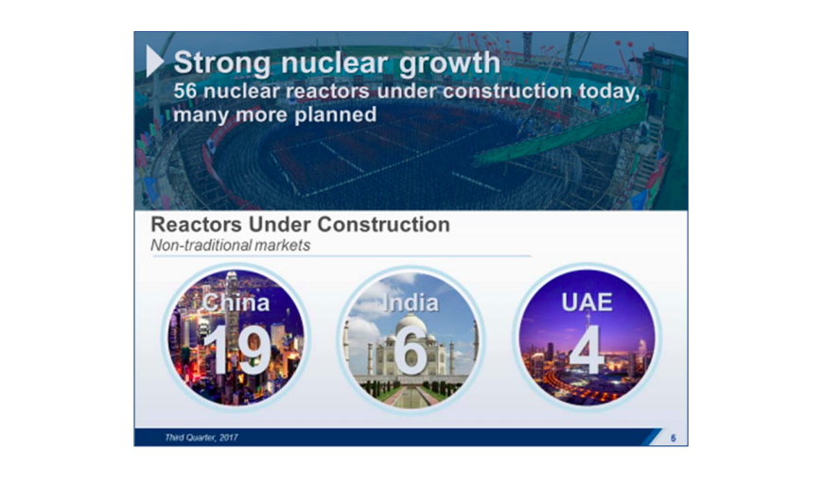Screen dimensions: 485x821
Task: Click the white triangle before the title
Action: (x=154, y=62)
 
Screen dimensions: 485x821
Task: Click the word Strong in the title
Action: (x=215, y=63)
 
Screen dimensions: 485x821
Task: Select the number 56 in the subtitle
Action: (x=188, y=93)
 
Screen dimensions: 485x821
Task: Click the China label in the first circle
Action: (x=236, y=303)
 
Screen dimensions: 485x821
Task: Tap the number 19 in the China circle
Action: (x=236, y=350)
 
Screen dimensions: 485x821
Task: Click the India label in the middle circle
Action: (x=410, y=303)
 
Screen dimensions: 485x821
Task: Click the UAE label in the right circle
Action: (x=586, y=303)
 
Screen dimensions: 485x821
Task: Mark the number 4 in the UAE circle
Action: (x=586, y=350)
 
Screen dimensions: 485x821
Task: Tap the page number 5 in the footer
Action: (x=673, y=438)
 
